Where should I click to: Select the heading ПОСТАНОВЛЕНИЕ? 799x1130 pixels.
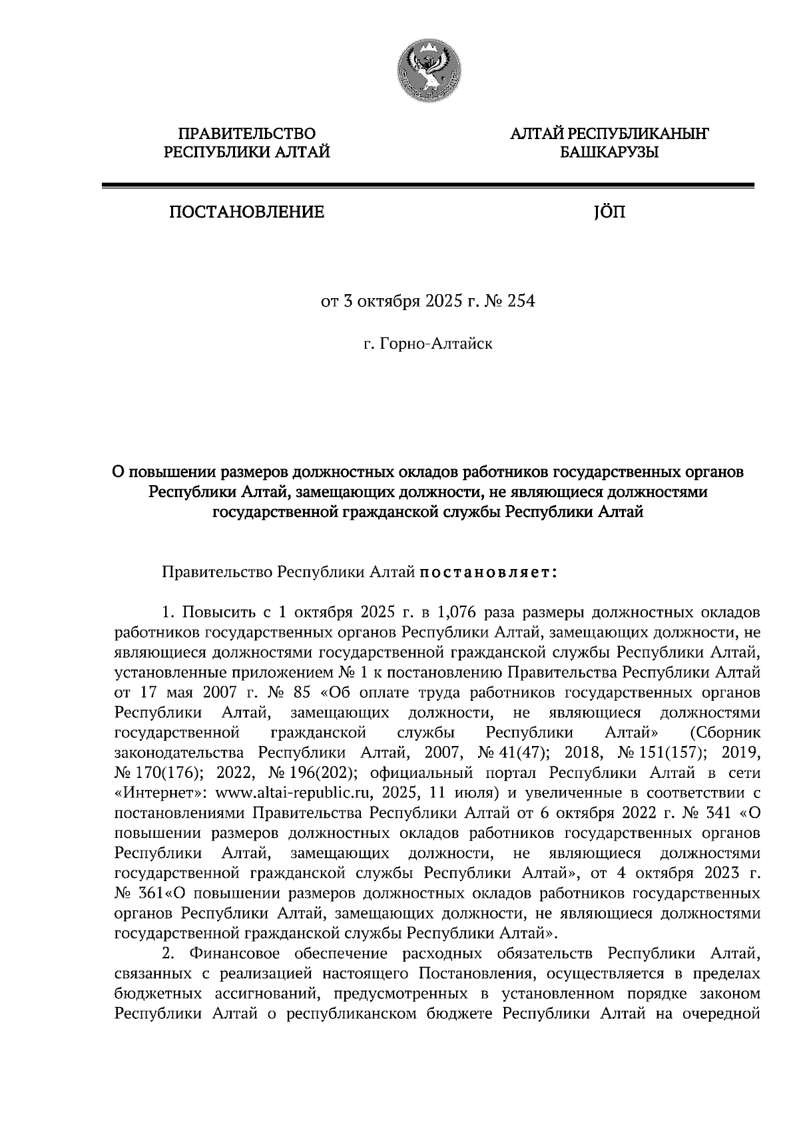[x=247, y=213]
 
